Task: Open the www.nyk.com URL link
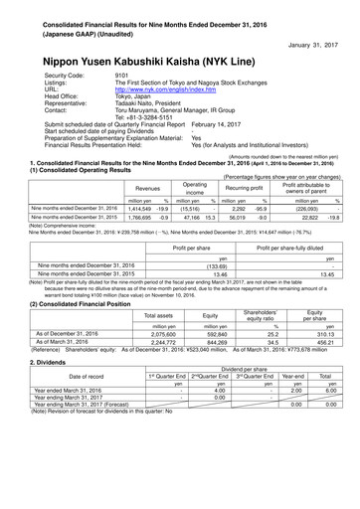pos(164,89)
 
